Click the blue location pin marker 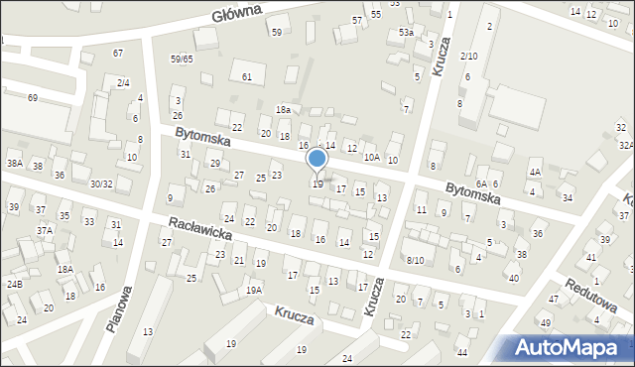(x=317, y=159)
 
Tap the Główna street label (x=236, y=12)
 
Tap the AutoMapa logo (x=571, y=346)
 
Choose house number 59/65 (x=181, y=60)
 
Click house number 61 (x=247, y=76)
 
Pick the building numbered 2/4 (x=123, y=82)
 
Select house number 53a (x=406, y=33)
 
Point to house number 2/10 (x=469, y=57)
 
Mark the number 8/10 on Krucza (x=415, y=260)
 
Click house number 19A (x=254, y=290)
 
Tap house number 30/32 (x=101, y=183)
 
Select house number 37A (x=45, y=230)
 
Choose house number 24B (x=15, y=285)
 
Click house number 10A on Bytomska (x=371, y=157)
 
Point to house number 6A (x=481, y=183)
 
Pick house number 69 (x=33, y=97)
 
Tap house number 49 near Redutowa (x=545, y=323)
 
